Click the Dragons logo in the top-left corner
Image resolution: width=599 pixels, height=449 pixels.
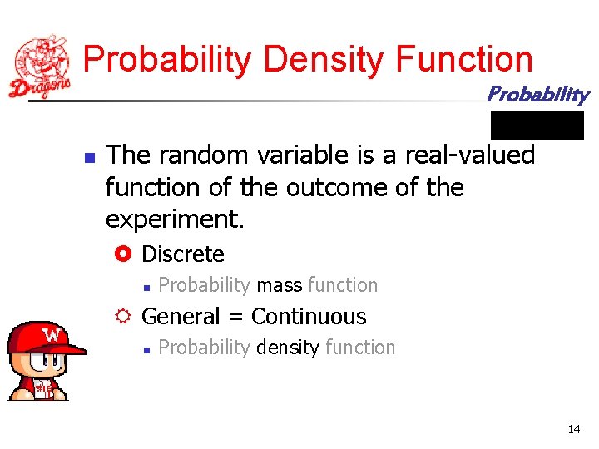click(40, 67)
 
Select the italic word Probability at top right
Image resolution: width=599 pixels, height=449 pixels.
click(537, 94)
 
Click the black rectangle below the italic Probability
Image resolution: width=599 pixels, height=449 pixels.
click(537, 125)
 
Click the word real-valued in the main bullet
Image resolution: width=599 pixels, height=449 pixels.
click(470, 155)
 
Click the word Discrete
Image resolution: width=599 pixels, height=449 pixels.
click(183, 254)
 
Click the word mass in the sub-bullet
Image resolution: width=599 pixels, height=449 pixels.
click(279, 285)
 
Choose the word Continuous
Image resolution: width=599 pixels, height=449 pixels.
click(309, 317)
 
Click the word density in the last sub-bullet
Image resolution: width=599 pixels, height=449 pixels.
click(287, 348)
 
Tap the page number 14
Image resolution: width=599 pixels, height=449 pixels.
click(574, 429)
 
